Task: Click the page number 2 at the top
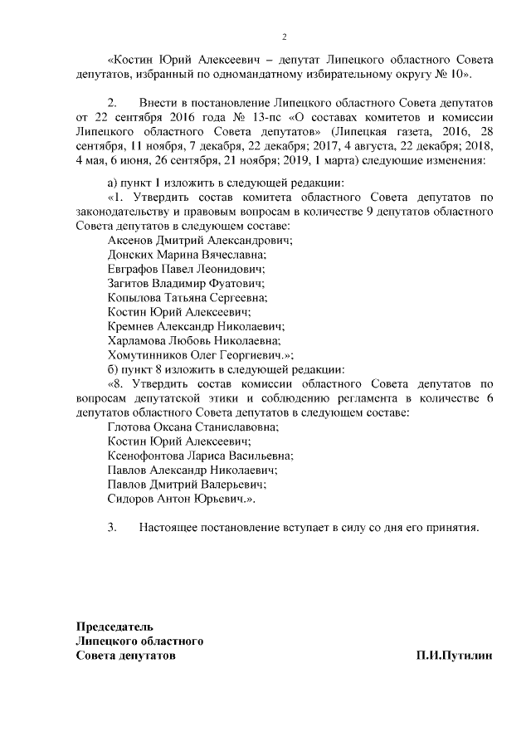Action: (284, 37)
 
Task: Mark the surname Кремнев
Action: (133, 326)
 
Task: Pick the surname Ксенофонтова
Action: (149, 455)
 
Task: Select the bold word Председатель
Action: (114, 627)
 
